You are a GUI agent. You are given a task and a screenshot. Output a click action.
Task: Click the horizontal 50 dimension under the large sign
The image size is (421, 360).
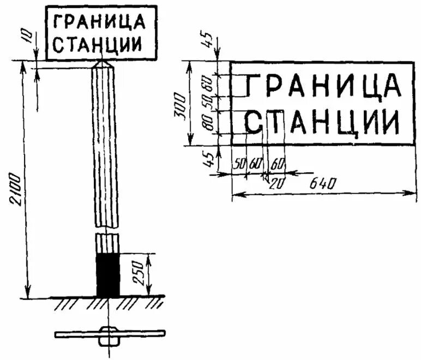239,164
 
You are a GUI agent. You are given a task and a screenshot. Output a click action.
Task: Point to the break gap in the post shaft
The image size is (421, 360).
107,230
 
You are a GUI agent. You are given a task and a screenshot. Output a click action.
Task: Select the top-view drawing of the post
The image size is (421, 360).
109,334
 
